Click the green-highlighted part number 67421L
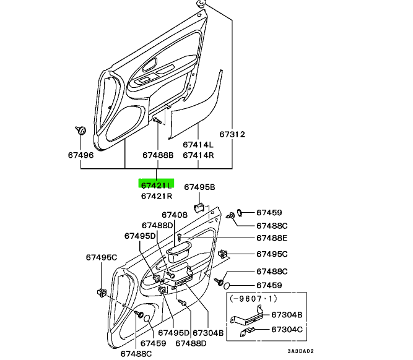point(157,186)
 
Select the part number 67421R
point(157,196)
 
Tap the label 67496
point(81,155)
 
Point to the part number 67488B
point(158,155)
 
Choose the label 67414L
point(198,145)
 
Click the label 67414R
point(198,155)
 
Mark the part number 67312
point(232,134)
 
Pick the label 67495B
point(199,187)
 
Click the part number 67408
point(175,215)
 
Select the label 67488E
point(272,238)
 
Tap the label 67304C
point(287,329)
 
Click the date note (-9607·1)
point(253,298)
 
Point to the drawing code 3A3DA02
point(300,351)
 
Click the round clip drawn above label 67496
point(81,131)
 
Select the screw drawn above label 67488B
point(157,120)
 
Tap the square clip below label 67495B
point(199,207)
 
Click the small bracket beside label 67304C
point(247,332)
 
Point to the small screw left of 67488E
point(179,238)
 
